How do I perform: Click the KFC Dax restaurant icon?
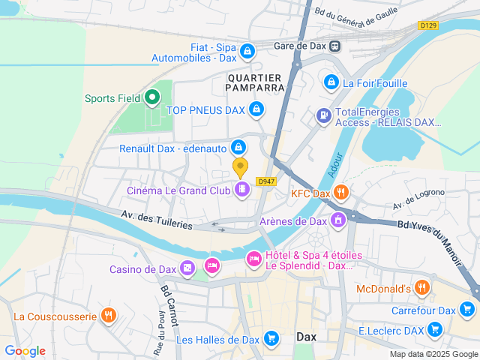click(340, 193)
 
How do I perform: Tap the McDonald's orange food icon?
click(422, 288)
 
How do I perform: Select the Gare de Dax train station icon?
click(334, 46)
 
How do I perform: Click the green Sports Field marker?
click(152, 97)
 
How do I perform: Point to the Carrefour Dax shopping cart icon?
click(467, 310)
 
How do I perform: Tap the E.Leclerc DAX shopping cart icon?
click(434, 329)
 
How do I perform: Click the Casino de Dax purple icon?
click(187, 268)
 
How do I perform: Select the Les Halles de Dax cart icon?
click(270, 339)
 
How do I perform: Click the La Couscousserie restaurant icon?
click(109, 316)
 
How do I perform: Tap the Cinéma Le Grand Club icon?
click(241, 189)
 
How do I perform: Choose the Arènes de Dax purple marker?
click(338, 220)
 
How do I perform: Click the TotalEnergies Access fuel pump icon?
click(323, 115)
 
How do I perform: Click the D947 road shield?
click(265, 181)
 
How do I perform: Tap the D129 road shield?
click(428, 25)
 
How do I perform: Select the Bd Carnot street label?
click(168, 304)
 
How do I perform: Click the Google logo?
click(25, 350)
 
